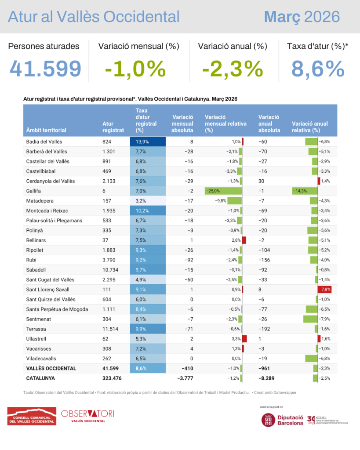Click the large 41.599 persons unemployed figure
[46, 69]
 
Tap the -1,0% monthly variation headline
[135, 69]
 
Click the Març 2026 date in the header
[302, 17]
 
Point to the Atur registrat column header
[113, 127]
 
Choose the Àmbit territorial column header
[46, 130]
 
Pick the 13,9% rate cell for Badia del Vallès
[148, 142]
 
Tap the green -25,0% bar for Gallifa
[223, 191]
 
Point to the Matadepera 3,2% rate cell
[148, 200]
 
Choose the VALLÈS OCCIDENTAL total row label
[51, 368]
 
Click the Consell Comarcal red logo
[32, 416]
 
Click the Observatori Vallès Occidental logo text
[88, 416]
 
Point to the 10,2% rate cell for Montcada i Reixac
[148, 210]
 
